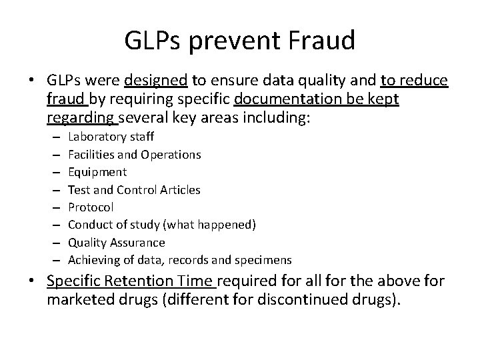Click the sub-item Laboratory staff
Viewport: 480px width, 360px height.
tap(111, 137)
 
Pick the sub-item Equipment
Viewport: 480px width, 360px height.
tap(97, 172)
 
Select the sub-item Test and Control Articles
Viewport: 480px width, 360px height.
tap(134, 189)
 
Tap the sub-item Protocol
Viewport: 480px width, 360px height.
tap(91, 207)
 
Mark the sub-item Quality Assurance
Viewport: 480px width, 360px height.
tap(117, 242)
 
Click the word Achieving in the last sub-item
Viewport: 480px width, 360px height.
tap(91, 259)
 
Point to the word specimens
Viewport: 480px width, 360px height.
tap(268, 259)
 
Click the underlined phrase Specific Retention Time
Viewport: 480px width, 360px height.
tap(131, 282)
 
